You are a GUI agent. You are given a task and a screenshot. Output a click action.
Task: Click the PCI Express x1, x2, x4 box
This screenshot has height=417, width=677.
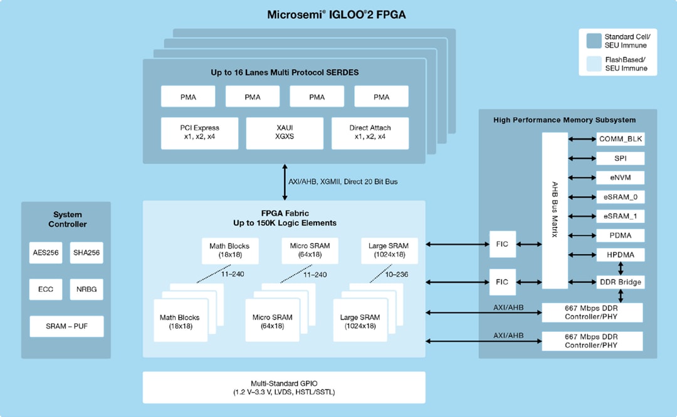(199, 133)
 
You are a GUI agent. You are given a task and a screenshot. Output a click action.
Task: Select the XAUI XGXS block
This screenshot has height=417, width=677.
(285, 133)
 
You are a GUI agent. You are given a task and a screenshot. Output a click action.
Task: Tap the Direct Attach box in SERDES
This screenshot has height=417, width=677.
(369, 133)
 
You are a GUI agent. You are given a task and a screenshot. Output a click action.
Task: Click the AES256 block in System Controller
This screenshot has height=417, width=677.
(46, 253)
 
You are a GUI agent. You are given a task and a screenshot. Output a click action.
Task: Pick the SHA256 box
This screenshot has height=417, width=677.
(86, 253)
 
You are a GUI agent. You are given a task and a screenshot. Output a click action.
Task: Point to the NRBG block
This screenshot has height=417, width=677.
(86, 290)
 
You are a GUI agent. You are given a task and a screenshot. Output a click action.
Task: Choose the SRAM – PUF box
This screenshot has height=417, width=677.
(66, 326)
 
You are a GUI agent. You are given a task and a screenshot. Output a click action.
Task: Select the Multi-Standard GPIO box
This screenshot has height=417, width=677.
(283, 388)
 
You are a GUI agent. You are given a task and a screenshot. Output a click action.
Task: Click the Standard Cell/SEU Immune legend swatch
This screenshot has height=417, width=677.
(593, 41)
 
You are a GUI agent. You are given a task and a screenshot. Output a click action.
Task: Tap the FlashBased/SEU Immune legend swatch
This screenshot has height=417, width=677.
(593, 64)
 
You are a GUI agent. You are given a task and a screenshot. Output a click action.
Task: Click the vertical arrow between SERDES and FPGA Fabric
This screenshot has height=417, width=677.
(284, 182)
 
